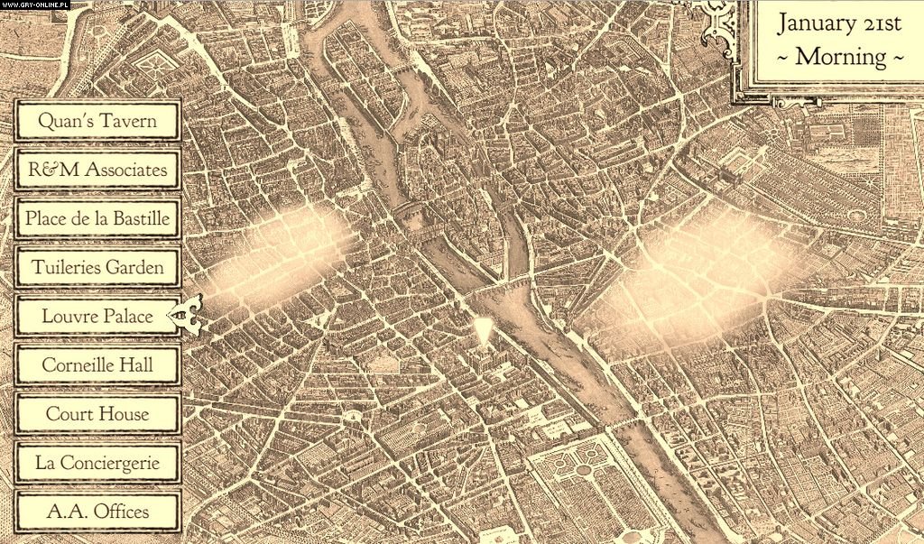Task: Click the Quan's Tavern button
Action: [97, 120]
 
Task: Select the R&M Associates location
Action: [97, 169]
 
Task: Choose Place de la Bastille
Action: [97, 217]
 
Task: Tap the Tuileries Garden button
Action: [97, 267]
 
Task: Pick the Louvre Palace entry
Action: [97, 316]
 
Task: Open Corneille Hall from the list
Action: [97, 364]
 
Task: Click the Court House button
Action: [97, 413]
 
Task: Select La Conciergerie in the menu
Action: [97, 463]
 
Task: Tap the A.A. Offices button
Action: [97, 512]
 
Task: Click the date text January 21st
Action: [839, 23]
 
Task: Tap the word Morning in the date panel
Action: [840, 56]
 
